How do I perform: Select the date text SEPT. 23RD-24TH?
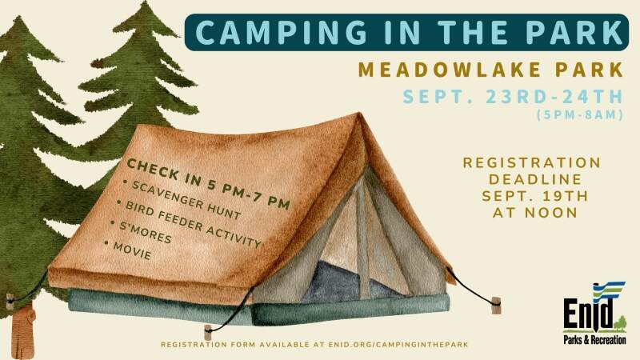pyautogui.click(x=513, y=97)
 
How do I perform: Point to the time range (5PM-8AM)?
pyautogui.click(x=580, y=115)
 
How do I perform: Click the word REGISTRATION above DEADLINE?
pyautogui.click(x=532, y=162)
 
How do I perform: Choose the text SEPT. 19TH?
pyautogui.click(x=535, y=196)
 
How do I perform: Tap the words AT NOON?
pyautogui.click(x=534, y=213)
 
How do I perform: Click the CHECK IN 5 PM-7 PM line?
pyautogui.click(x=208, y=184)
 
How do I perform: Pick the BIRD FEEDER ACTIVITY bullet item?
pyautogui.click(x=189, y=224)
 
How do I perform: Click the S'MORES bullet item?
pyautogui.click(x=142, y=232)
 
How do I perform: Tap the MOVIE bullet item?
pyautogui.click(x=128, y=250)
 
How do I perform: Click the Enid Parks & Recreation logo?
pyautogui.click(x=594, y=313)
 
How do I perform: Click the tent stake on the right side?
pyautogui.click(x=496, y=306)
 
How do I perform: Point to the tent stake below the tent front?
pyautogui.click(x=208, y=332)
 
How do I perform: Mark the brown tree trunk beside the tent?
pyautogui.click(x=23, y=331)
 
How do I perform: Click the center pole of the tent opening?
pyautogui.click(x=362, y=237)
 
